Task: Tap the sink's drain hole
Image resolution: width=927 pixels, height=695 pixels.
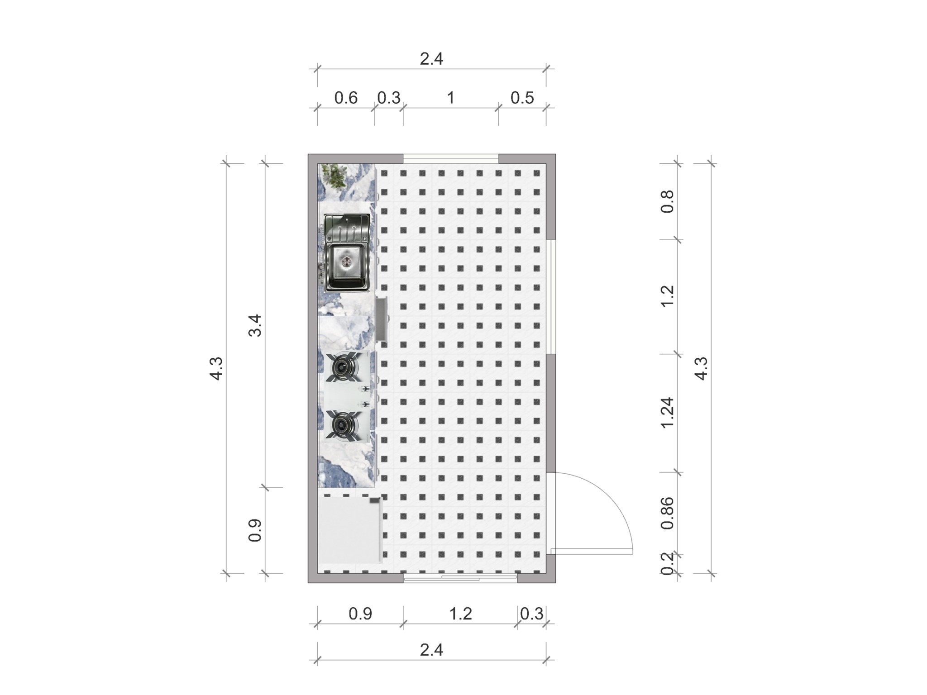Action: (347, 261)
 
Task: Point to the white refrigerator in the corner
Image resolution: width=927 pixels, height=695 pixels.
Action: (349, 530)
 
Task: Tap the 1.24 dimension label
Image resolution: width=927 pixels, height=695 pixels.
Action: (668, 413)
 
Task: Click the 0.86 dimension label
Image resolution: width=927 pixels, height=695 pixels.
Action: (668, 513)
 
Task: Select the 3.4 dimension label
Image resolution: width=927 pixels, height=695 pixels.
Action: (255, 325)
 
